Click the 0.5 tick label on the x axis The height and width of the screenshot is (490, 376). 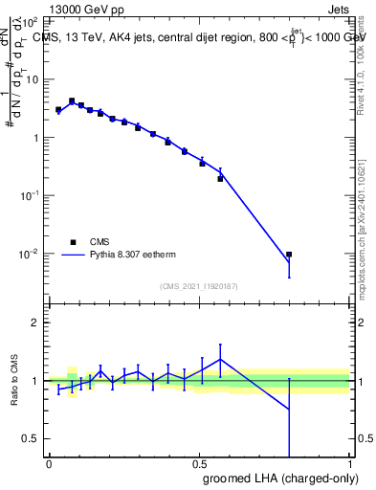[199, 463]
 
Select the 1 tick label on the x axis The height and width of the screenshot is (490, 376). [349, 463]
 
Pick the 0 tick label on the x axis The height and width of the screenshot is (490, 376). [49, 463]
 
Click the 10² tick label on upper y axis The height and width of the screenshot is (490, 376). [30, 21]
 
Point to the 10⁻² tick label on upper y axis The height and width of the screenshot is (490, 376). [29, 254]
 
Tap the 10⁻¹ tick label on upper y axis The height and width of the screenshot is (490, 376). [29, 195]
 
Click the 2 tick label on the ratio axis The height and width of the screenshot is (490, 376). [34, 323]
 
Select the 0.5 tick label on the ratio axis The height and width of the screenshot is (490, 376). [31, 438]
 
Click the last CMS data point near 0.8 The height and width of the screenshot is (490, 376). [289, 255]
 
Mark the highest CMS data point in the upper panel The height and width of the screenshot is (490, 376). [72, 100]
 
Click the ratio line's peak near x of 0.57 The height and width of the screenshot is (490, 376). [220, 360]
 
